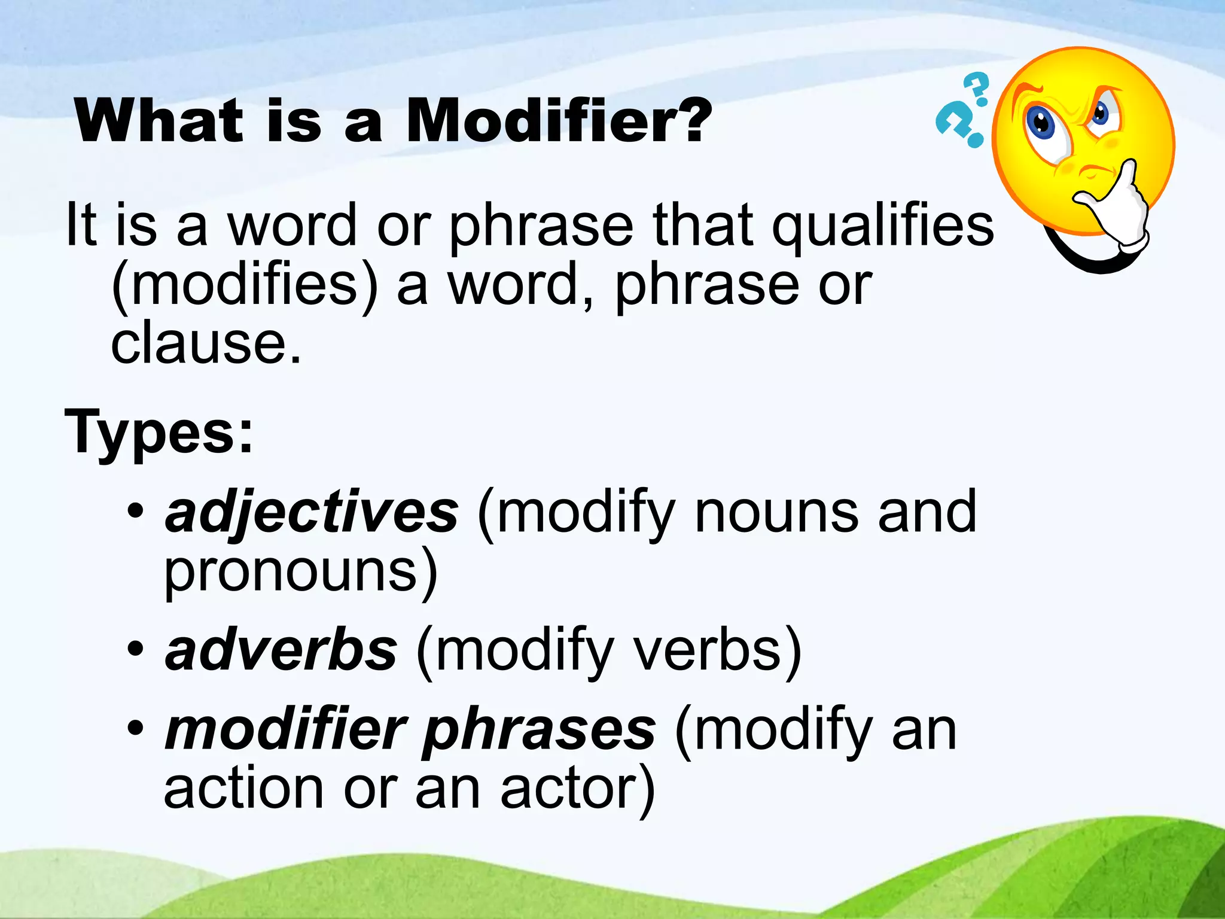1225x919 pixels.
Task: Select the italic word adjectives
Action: tap(312, 513)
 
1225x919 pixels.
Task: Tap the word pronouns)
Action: tap(301, 572)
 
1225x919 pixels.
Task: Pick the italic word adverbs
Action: tap(281, 651)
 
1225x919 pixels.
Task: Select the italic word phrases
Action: tap(538, 731)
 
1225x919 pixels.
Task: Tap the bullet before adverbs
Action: tap(136, 649)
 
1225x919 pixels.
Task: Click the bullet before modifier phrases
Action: tap(136, 729)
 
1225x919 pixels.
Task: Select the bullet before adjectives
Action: tap(136, 512)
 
